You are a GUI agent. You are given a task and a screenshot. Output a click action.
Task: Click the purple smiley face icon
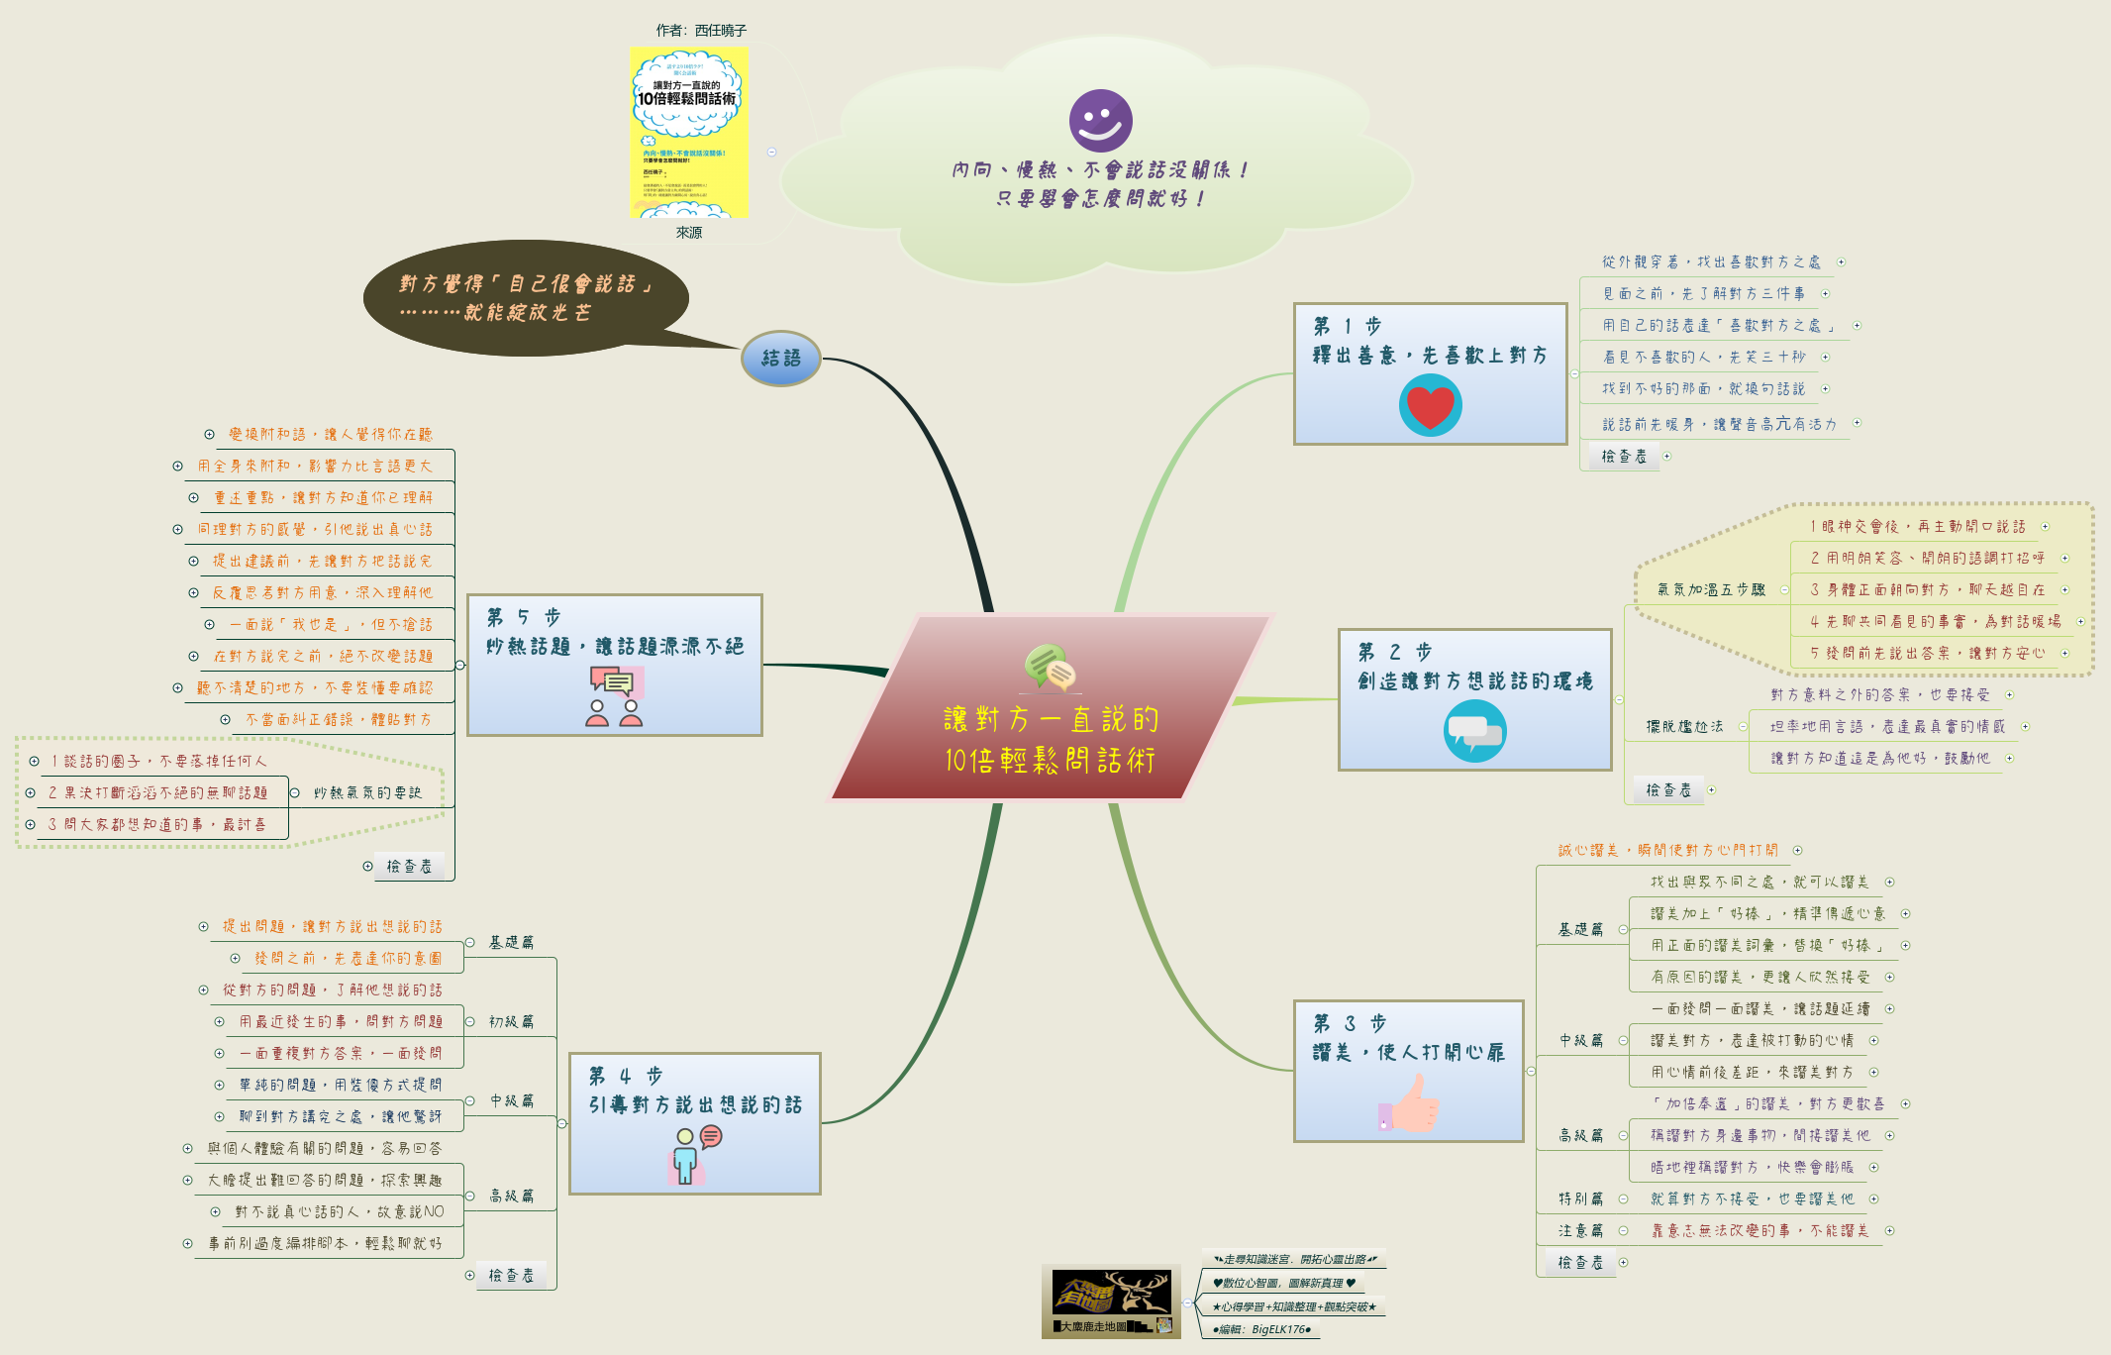[1100, 121]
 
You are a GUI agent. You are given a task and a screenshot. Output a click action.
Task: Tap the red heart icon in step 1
[1430, 406]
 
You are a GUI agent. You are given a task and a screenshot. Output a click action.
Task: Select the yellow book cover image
[688, 132]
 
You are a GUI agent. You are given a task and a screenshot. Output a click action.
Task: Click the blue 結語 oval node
[781, 359]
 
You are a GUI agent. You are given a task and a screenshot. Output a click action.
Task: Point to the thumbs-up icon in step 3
[1408, 1103]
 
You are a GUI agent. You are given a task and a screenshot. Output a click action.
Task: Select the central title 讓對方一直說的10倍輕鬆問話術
[1050, 739]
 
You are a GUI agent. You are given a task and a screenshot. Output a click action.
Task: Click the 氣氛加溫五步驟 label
[1710, 589]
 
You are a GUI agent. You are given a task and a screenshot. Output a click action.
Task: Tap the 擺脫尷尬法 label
[1684, 726]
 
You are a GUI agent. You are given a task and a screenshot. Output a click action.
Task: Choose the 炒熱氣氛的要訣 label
[367, 792]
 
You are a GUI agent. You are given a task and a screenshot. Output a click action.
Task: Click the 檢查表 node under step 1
[1624, 456]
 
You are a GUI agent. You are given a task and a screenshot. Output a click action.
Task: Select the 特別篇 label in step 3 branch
[1580, 1199]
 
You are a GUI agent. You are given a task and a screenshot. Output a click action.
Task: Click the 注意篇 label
[1580, 1230]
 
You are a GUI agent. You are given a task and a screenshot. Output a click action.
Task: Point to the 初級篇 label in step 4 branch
[511, 1021]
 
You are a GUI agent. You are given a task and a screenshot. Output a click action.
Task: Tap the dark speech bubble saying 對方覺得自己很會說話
[525, 298]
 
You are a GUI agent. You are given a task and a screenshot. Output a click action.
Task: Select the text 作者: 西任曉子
[700, 31]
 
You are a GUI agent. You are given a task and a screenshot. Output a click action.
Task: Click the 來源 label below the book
[688, 233]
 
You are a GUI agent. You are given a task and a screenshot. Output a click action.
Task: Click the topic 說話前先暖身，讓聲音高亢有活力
[1718, 424]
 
